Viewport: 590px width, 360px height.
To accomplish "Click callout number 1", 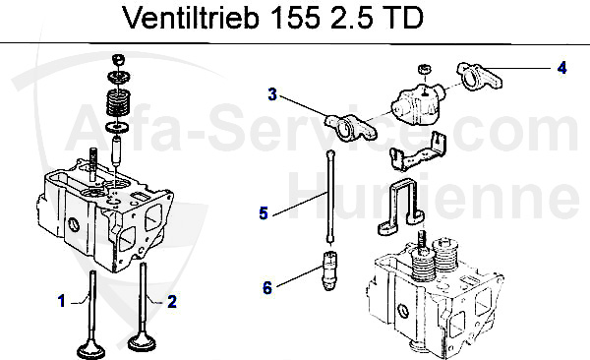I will point(60,301).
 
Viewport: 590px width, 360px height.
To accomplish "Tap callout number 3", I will point(272,94).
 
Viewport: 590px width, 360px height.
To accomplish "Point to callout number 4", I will point(561,68).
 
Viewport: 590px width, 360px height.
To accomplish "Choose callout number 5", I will point(264,211).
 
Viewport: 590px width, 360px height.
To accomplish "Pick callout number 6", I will point(265,287).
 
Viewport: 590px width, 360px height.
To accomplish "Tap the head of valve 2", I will point(147,344).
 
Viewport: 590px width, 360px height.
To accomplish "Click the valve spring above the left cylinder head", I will point(119,102).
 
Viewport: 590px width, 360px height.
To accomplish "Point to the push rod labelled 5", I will point(331,197).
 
